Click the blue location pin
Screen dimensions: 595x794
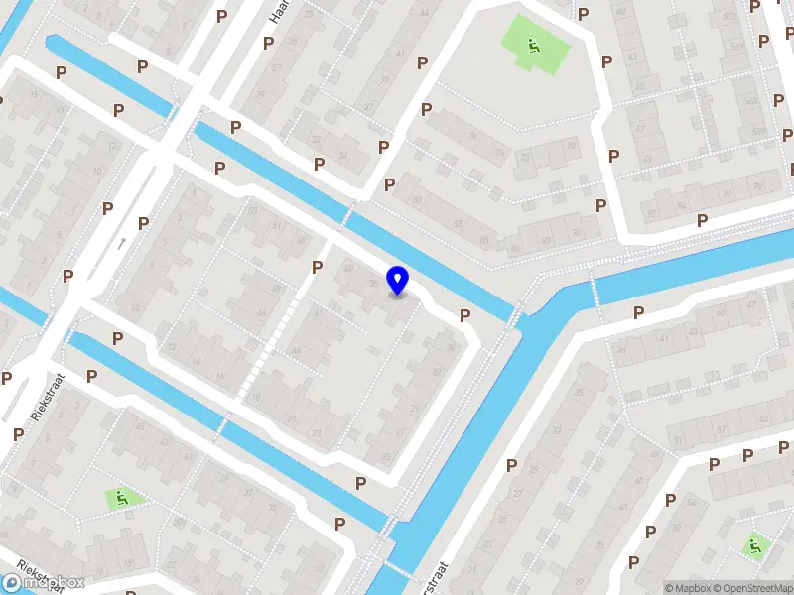point(397,280)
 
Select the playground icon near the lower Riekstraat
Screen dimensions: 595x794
point(123,498)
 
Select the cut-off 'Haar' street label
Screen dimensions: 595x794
point(278,12)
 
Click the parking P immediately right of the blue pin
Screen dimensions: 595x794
point(463,315)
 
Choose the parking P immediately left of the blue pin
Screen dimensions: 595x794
point(318,266)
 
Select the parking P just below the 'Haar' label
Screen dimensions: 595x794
point(268,43)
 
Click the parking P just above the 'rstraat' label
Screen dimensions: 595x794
point(512,465)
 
